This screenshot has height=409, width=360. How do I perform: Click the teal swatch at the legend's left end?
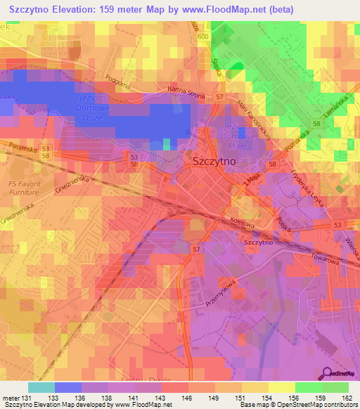[41, 387]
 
